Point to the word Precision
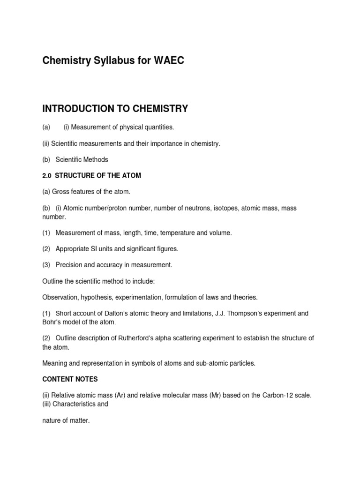click(70, 265)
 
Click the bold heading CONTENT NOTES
click(70, 379)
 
